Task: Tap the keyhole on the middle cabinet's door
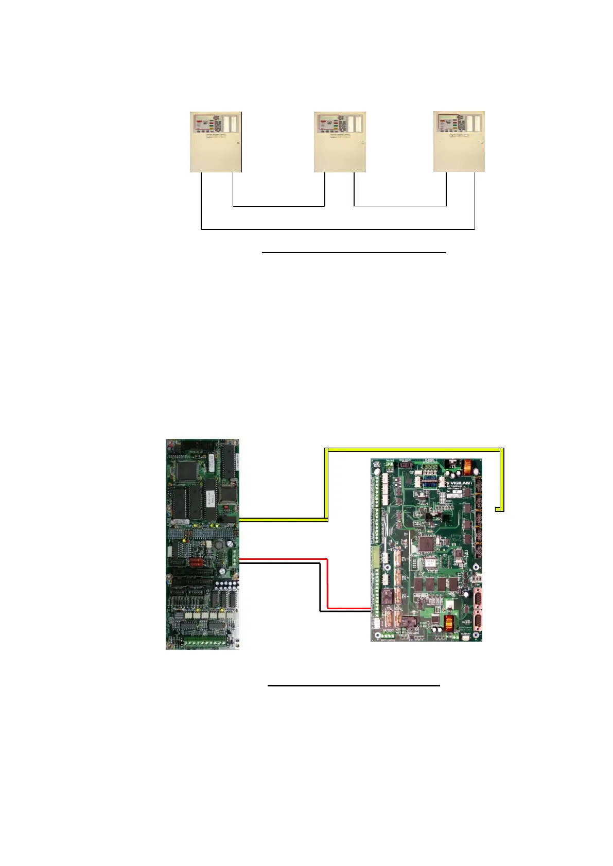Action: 362,143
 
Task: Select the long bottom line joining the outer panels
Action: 337,229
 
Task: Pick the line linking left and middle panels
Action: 278,206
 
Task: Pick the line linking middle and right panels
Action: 400,206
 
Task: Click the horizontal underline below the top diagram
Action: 353,253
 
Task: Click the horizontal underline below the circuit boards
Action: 354,685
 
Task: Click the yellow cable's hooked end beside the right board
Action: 499,509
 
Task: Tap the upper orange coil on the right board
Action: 468,469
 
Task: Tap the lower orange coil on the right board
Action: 450,622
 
